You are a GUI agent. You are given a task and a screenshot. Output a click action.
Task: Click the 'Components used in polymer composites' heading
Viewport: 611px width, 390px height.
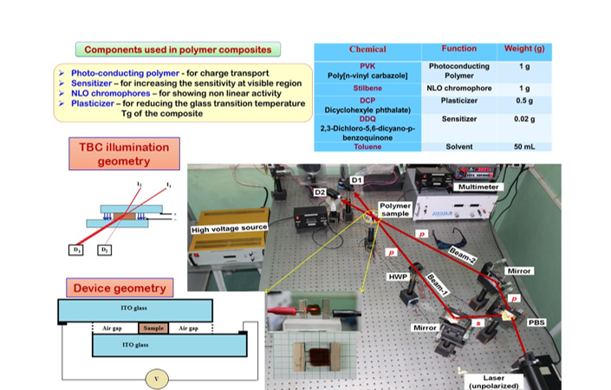pyautogui.click(x=177, y=49)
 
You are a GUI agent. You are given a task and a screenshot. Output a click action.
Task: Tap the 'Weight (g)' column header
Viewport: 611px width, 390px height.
pyautogui.click(x=523, y=49)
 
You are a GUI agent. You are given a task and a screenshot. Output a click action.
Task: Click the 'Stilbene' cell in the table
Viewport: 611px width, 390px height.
pyautogui.click(x=367, y=88)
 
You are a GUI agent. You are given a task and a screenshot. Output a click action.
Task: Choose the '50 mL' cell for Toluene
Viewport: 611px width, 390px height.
pyautogui.click(x=523, y=147)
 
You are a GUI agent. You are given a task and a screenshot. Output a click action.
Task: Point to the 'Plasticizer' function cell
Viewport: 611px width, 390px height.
pyautogui.click(x=458, y=100)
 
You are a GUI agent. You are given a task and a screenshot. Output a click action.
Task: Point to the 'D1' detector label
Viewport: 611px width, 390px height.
pyautogui.click(x=356, y=179)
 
